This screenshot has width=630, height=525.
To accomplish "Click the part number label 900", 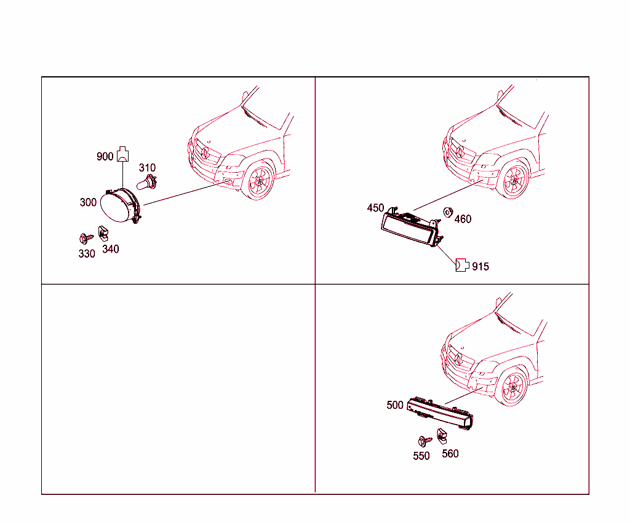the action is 105,157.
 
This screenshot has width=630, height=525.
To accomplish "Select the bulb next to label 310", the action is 146,182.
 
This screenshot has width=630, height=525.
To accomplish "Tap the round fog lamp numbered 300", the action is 121,205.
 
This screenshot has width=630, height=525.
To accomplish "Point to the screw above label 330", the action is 86,239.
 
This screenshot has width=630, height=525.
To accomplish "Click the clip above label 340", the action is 103,233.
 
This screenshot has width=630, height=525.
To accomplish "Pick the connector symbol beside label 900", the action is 122,154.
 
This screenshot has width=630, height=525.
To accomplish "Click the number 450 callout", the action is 376,208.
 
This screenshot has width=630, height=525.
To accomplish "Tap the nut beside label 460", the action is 448,212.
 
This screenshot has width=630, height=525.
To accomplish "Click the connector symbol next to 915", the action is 462,266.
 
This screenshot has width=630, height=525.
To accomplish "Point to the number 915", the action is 480,267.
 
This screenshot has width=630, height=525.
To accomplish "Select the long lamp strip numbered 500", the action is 440,413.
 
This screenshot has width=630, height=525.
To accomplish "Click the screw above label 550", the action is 425,441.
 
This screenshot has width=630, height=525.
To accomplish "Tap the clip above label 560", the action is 442,436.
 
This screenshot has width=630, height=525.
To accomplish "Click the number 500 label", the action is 395,405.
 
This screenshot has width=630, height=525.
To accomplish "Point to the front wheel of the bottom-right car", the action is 512,387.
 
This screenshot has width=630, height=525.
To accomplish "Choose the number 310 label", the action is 147,168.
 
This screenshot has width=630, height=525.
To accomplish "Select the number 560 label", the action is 450,454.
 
